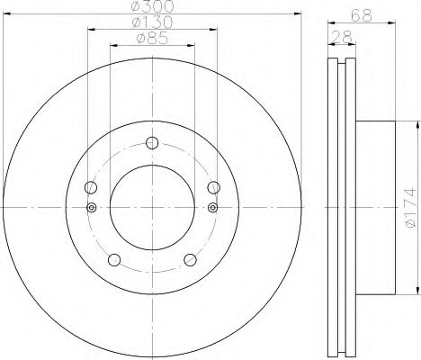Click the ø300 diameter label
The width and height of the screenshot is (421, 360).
coord(151,7)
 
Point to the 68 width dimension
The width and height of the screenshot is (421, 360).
coord(361,14)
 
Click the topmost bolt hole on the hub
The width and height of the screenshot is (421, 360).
coord(151,141)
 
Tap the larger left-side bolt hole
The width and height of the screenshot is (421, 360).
coord(89,187)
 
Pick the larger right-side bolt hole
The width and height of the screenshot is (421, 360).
coord(213,187)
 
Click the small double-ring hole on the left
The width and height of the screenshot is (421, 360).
coord(90,207)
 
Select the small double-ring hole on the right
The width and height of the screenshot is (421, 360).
coord(212,207)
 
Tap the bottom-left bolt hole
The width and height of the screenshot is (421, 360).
coord(113,260)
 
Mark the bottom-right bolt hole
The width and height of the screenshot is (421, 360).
coord(189,260)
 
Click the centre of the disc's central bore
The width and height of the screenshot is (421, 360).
coord(151,207)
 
